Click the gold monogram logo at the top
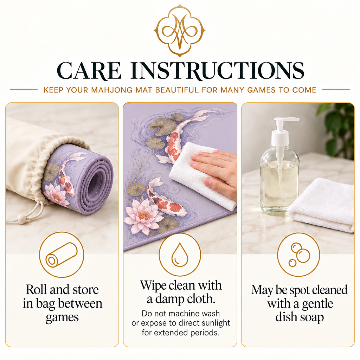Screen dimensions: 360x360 [180, 31]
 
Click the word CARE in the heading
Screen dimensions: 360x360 [89, 71]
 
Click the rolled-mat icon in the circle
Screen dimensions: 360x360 [62, 255]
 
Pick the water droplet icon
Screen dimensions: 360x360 [180, 255]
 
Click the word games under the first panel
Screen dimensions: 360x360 [62, 317]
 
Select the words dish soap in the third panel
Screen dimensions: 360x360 [300, 317]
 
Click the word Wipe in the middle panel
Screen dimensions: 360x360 [153, 285]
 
